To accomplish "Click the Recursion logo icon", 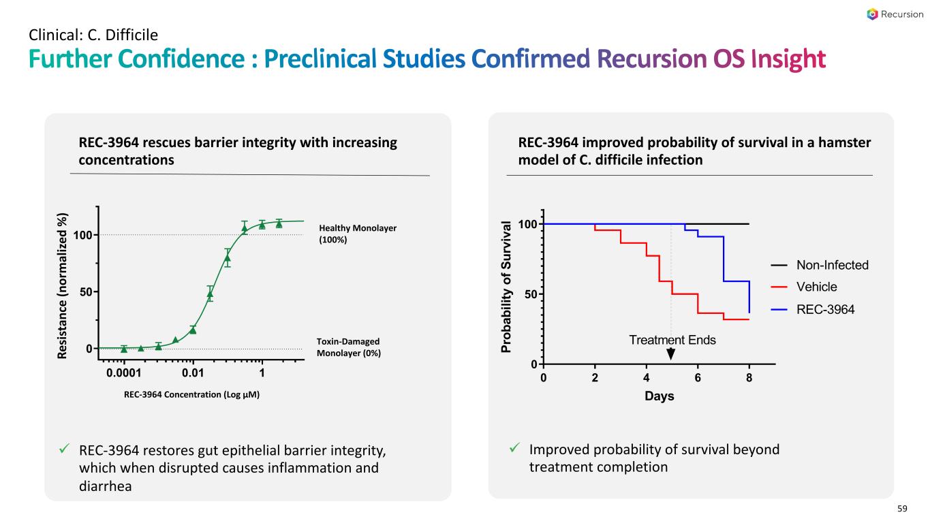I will click(x=873, y=14).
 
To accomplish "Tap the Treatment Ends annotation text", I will click(x=672, y=340).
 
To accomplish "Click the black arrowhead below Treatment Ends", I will click(x=671, y=354).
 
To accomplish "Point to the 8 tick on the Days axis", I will click(x=749, y=377).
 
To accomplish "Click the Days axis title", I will click(x=660, y=396).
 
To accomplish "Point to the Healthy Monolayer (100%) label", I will click(x=358, y=234).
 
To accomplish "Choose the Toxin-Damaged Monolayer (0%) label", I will click(x=349, y=347).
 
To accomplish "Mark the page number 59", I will click(x=902, y=509).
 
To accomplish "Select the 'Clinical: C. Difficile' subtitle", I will click(x=93, y=33).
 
